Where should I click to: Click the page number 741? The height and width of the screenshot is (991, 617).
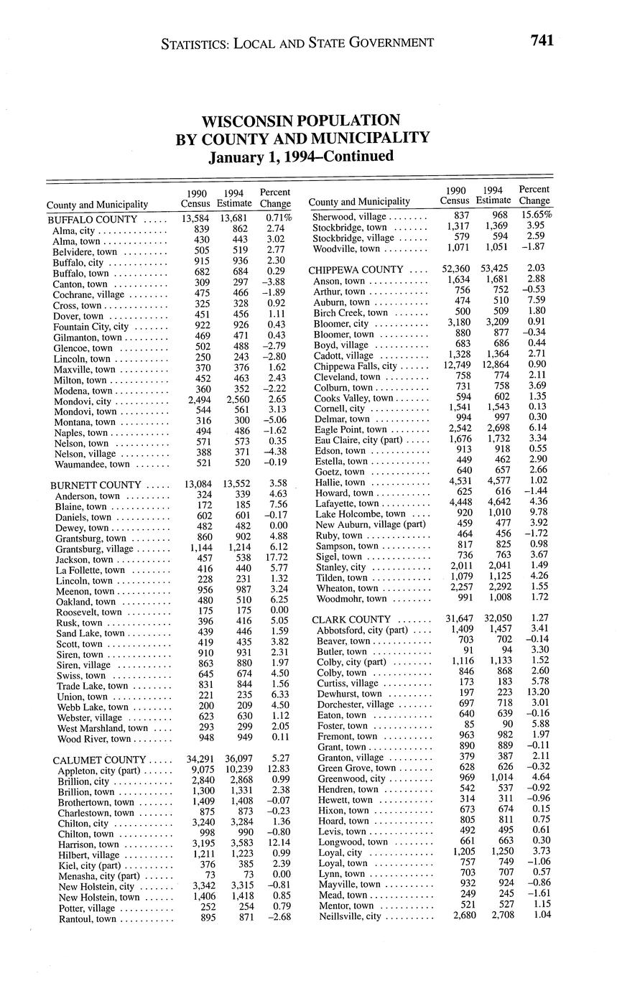pyautogui.click(x=542, y=40)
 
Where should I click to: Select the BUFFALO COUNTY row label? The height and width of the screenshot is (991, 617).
pyautogui.click(x=92, y=219)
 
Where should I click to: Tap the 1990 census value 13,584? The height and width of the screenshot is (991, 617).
pyautogui.click(x=195, y=218)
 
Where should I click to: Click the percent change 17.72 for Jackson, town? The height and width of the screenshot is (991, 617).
pyautogui.click(x=277, y=559)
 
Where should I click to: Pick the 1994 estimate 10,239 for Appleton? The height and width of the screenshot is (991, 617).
pyautogui.click(x=236, y=770)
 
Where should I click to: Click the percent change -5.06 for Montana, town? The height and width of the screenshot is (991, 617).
pyautogui.click(x=277, y=422)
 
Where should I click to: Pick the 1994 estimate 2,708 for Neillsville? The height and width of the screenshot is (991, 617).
pyautogui.click(x=497, y=916)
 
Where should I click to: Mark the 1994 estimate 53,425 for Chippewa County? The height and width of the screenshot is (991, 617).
pyautogui.click(x=495, y=270)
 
